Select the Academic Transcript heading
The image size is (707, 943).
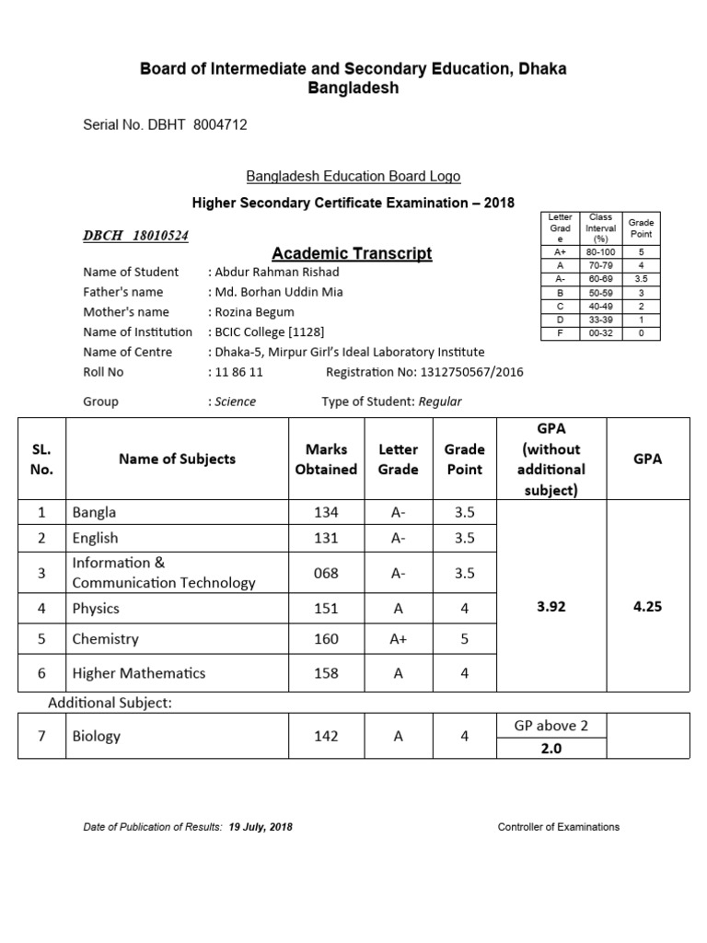tap(352, 253)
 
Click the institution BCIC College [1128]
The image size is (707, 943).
tap(269, 332)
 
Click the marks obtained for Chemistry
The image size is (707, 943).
tap(326, 639)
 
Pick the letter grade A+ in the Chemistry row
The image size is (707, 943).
tap(398, 639)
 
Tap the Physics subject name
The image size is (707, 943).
tap(96, 608)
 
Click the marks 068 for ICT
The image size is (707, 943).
tap(326, 573)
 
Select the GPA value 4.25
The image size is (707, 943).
tap(647, 608)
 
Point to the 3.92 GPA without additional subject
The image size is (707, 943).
tap(551, 608)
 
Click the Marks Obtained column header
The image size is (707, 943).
tap(326, 459)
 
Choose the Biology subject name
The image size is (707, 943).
tap(97, 736)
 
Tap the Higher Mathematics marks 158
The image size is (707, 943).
tap(326, 673)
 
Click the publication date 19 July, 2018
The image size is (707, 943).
tap(261, 827)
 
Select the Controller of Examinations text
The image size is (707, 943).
tap(559, 827)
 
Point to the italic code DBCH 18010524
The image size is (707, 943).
tap(136, 236)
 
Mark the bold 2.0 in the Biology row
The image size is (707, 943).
tap(551, 749)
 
